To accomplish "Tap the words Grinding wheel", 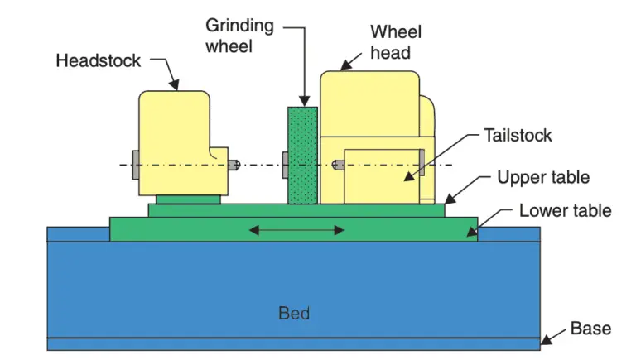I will [x=240, y=36].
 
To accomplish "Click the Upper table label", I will [x=542, y=177].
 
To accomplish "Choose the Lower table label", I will [x=565, y=210].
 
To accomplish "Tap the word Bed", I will [x=294, y=313].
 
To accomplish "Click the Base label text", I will [x=590, y=329].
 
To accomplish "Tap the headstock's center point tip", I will [x=234, y=165].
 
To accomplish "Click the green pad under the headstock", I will [x=188, y=199].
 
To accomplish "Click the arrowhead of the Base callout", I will [x=546, y=339].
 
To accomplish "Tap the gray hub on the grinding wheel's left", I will [x=285, y=165].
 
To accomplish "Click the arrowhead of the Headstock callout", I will [x=175, y=85].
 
